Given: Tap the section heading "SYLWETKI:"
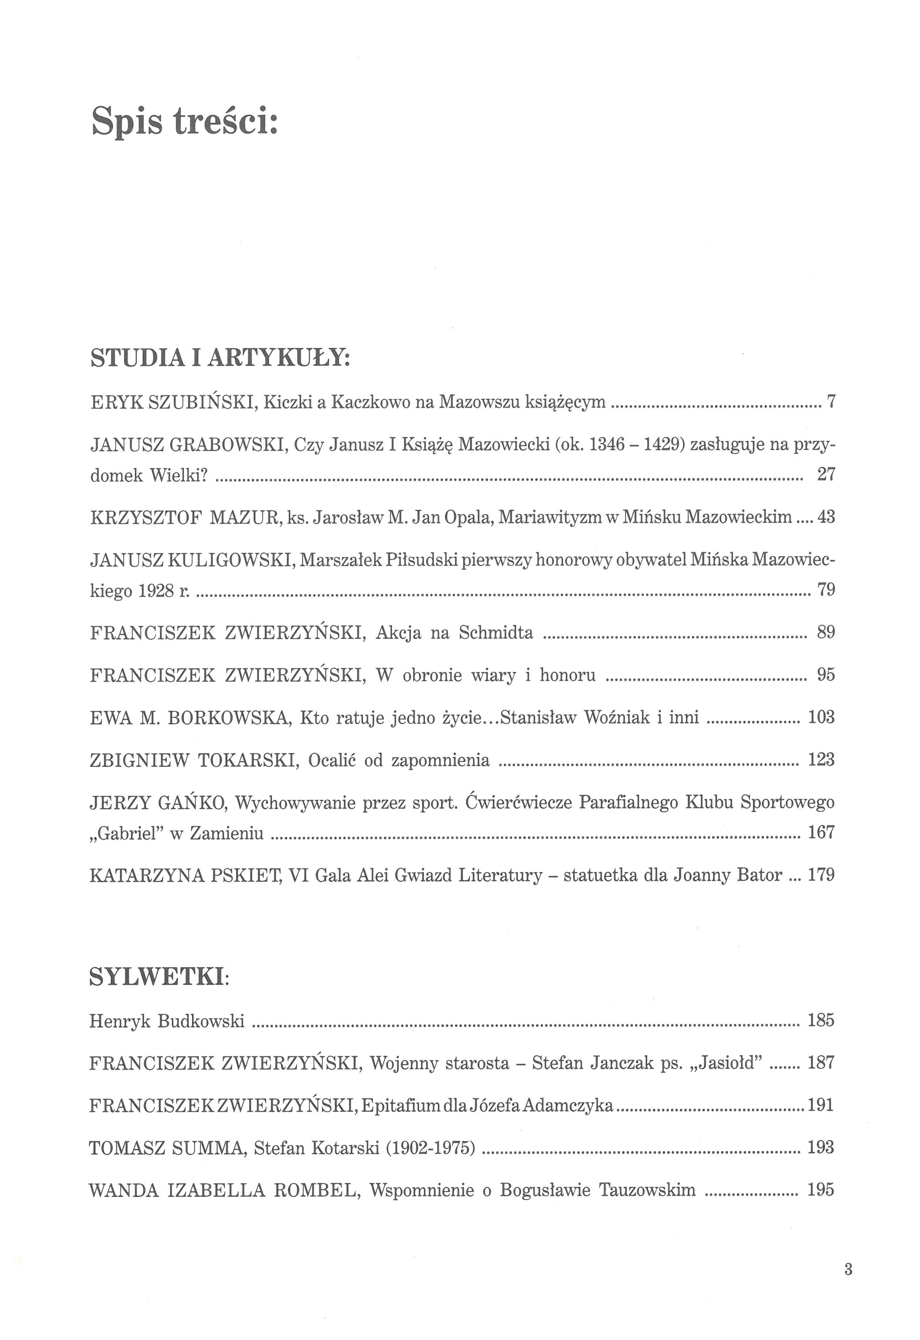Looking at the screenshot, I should pyautogui.click(x=158, y=976).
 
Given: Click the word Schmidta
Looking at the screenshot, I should pyautogui.click(x=496, y=633).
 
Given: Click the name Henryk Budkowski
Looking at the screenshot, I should pyautogui.click(x=167, y=1022).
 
